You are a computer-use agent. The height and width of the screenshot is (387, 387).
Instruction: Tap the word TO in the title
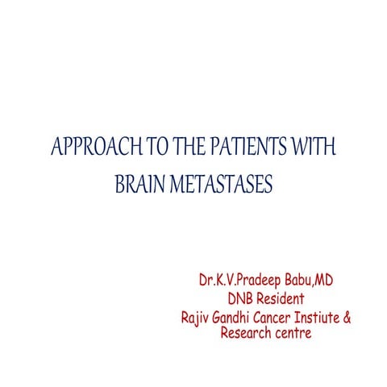[133, 150]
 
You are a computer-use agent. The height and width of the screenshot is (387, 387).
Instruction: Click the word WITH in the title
[310, 150]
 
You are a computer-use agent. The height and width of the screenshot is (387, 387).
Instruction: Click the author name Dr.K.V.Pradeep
[237, 282]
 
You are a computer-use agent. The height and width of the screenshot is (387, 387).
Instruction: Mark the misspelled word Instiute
[322, 318]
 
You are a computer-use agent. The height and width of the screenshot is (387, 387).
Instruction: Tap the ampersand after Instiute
[348, 318]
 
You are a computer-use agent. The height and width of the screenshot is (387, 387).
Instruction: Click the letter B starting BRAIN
[120, 185]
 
